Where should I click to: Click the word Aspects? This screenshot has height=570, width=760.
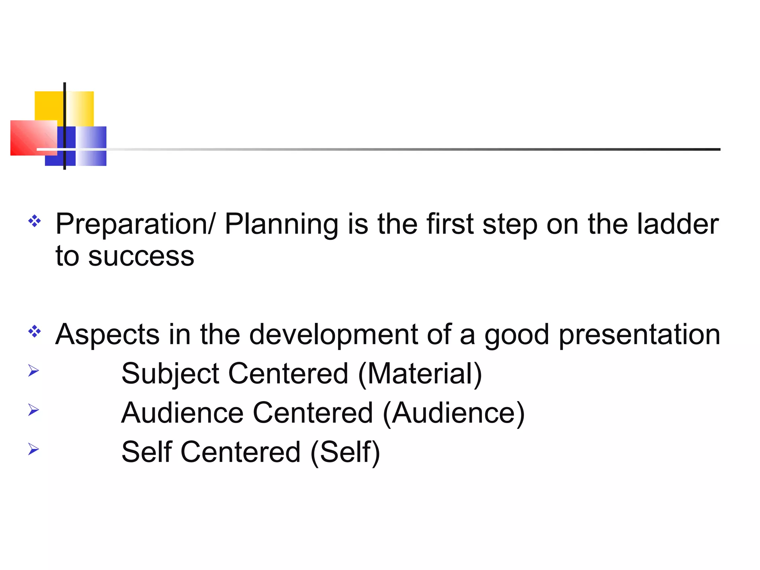107,335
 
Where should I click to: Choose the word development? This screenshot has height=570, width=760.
334,335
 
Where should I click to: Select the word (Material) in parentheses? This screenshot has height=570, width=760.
420,374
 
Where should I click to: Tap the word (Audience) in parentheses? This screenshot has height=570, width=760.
453,413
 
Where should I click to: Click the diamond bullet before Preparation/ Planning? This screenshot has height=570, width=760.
35,221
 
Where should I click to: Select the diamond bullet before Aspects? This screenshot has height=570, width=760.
35,331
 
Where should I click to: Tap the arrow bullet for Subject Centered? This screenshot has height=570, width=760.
33,370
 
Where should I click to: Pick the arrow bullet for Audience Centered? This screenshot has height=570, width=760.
33,410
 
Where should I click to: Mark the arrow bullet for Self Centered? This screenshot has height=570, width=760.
33,449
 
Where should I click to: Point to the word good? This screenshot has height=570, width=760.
517,335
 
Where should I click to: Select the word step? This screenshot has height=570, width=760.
510,225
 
